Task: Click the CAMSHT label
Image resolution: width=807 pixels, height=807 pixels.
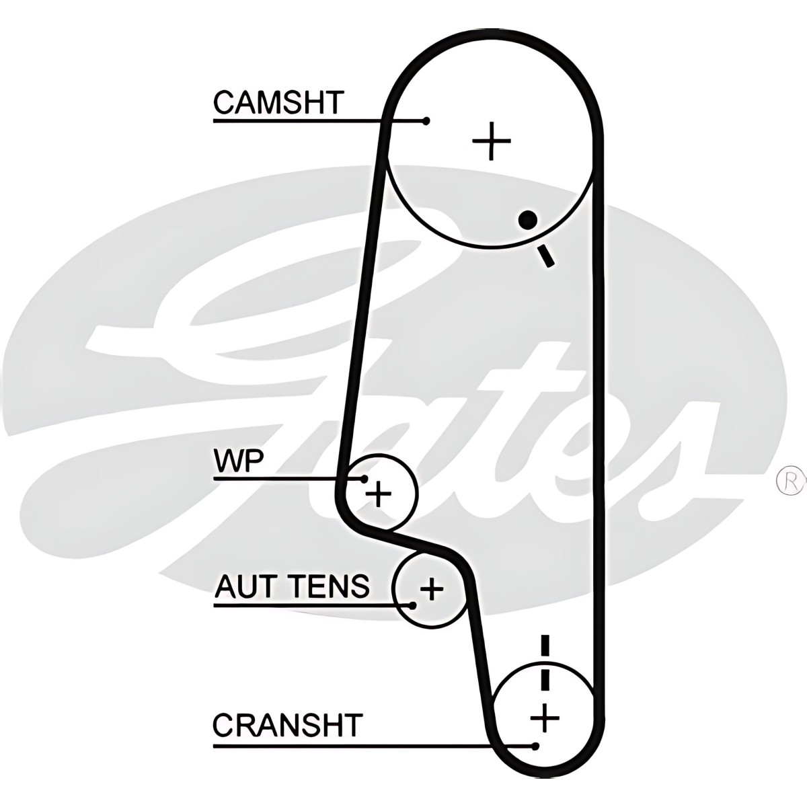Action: click(x=278, y=102)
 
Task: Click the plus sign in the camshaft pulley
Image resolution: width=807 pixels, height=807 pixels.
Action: click(x=491, y=141)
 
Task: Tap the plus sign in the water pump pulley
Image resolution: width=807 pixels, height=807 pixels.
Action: click(x=378, y=494)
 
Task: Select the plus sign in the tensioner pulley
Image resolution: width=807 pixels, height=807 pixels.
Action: click(x=431, y=589)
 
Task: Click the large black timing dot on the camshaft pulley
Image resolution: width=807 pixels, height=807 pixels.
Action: click(x=528, y=219)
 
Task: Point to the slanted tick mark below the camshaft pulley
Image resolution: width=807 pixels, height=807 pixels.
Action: click(x=546, y=256)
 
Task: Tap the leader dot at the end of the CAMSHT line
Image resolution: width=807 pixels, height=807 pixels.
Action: click(x=426, y=121)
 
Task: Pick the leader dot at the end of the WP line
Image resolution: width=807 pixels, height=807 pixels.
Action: click(x=364, y=478)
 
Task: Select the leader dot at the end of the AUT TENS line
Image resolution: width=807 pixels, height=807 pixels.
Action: click(x=413, y=605)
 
